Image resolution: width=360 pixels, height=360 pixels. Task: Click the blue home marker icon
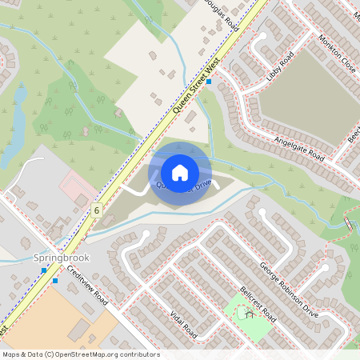[x=180, y=172]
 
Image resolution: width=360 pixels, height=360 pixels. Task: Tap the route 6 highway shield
[x=96, y=210]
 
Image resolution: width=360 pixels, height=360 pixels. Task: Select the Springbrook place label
[x=62, y=258]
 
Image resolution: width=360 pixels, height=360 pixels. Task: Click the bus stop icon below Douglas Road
[x=209, y=82]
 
